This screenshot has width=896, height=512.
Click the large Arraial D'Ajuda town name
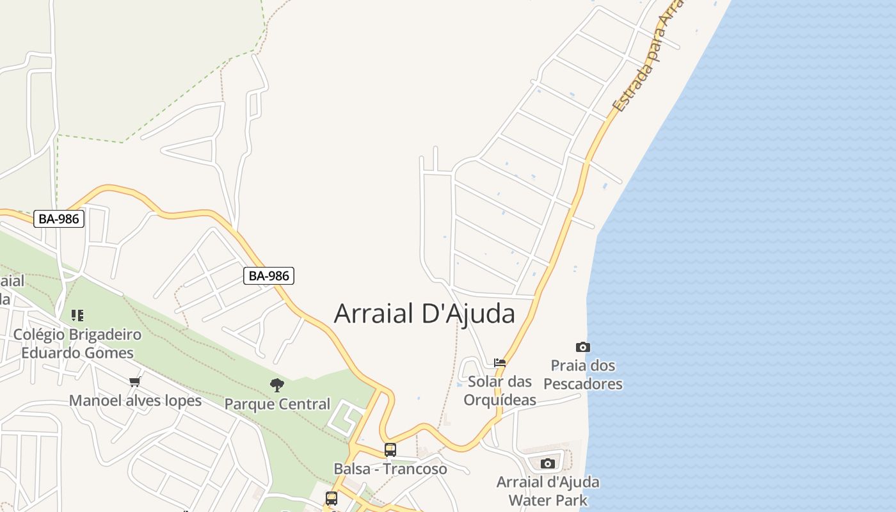[x=424, y=314]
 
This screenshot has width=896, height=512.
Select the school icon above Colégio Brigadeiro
[x=77, y=315]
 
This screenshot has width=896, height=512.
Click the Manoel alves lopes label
[x=135, y=401]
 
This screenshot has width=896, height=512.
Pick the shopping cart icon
[x=134, y=382]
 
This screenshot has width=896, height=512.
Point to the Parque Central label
[x=277, y=404]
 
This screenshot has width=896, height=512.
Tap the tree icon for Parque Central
[x=277, y=385]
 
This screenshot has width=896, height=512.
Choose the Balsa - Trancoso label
[x=390, y=468]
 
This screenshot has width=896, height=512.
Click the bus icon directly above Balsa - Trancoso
[x=390, y=449]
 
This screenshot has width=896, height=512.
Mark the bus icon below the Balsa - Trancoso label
[x=331, y=498]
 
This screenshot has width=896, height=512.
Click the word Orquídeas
[x=500, y=400]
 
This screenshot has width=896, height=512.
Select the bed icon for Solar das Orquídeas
[x=500, y=362]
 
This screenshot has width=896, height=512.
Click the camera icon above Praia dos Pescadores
[x=583, y=347]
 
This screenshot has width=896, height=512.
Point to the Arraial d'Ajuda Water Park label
[x=548, y=490]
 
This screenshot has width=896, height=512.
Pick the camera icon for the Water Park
[x=548, y=463]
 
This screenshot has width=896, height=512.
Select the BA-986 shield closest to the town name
[x=269, y=276]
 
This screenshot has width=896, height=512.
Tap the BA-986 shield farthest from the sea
[x=59, y=219]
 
